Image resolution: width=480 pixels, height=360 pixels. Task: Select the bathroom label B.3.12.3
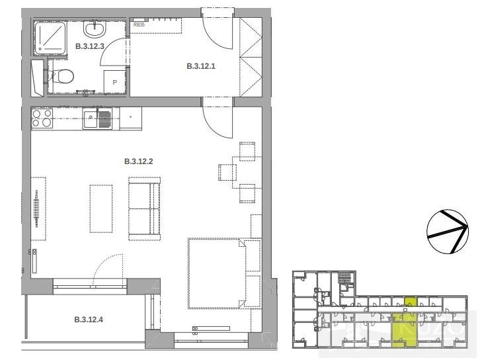[x=89, y=46]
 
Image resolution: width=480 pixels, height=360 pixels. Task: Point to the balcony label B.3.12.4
[x=89, y=321]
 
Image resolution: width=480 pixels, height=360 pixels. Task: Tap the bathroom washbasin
[x=94, y=29]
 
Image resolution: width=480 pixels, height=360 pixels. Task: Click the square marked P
[x=115, y=81]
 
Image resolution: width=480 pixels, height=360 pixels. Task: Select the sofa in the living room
[x=145, y=204]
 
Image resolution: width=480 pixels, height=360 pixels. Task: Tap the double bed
[x=217, y=273]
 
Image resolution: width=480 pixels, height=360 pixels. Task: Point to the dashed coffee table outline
[x=100, y=206]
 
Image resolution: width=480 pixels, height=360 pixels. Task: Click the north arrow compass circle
[x=448, y=231]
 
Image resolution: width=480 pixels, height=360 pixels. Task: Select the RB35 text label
[x=140, y=24]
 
